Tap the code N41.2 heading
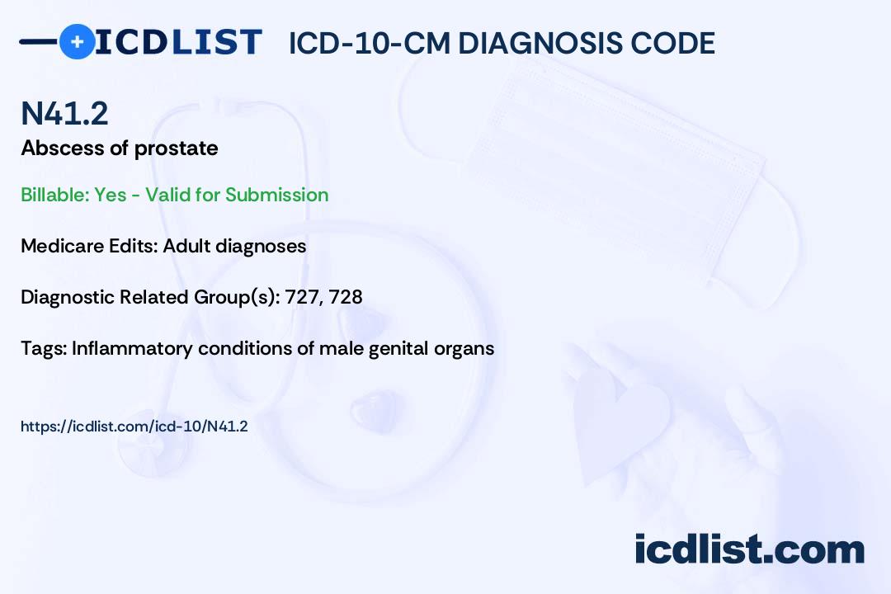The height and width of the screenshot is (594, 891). coord(64,114)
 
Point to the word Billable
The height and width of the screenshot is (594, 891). coord(54,195)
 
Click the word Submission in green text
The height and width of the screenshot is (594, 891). coord(276,195)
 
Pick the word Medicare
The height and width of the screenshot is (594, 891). coord(57,246)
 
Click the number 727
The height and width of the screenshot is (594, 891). coord(302,297)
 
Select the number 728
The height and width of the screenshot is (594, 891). coord(346,297)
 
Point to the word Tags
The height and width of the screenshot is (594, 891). coord(42,348)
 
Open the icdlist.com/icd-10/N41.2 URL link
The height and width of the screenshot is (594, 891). coord(134,427)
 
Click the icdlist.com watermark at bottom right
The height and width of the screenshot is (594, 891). coord(749,549)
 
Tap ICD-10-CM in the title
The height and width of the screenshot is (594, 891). coord(369,43)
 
